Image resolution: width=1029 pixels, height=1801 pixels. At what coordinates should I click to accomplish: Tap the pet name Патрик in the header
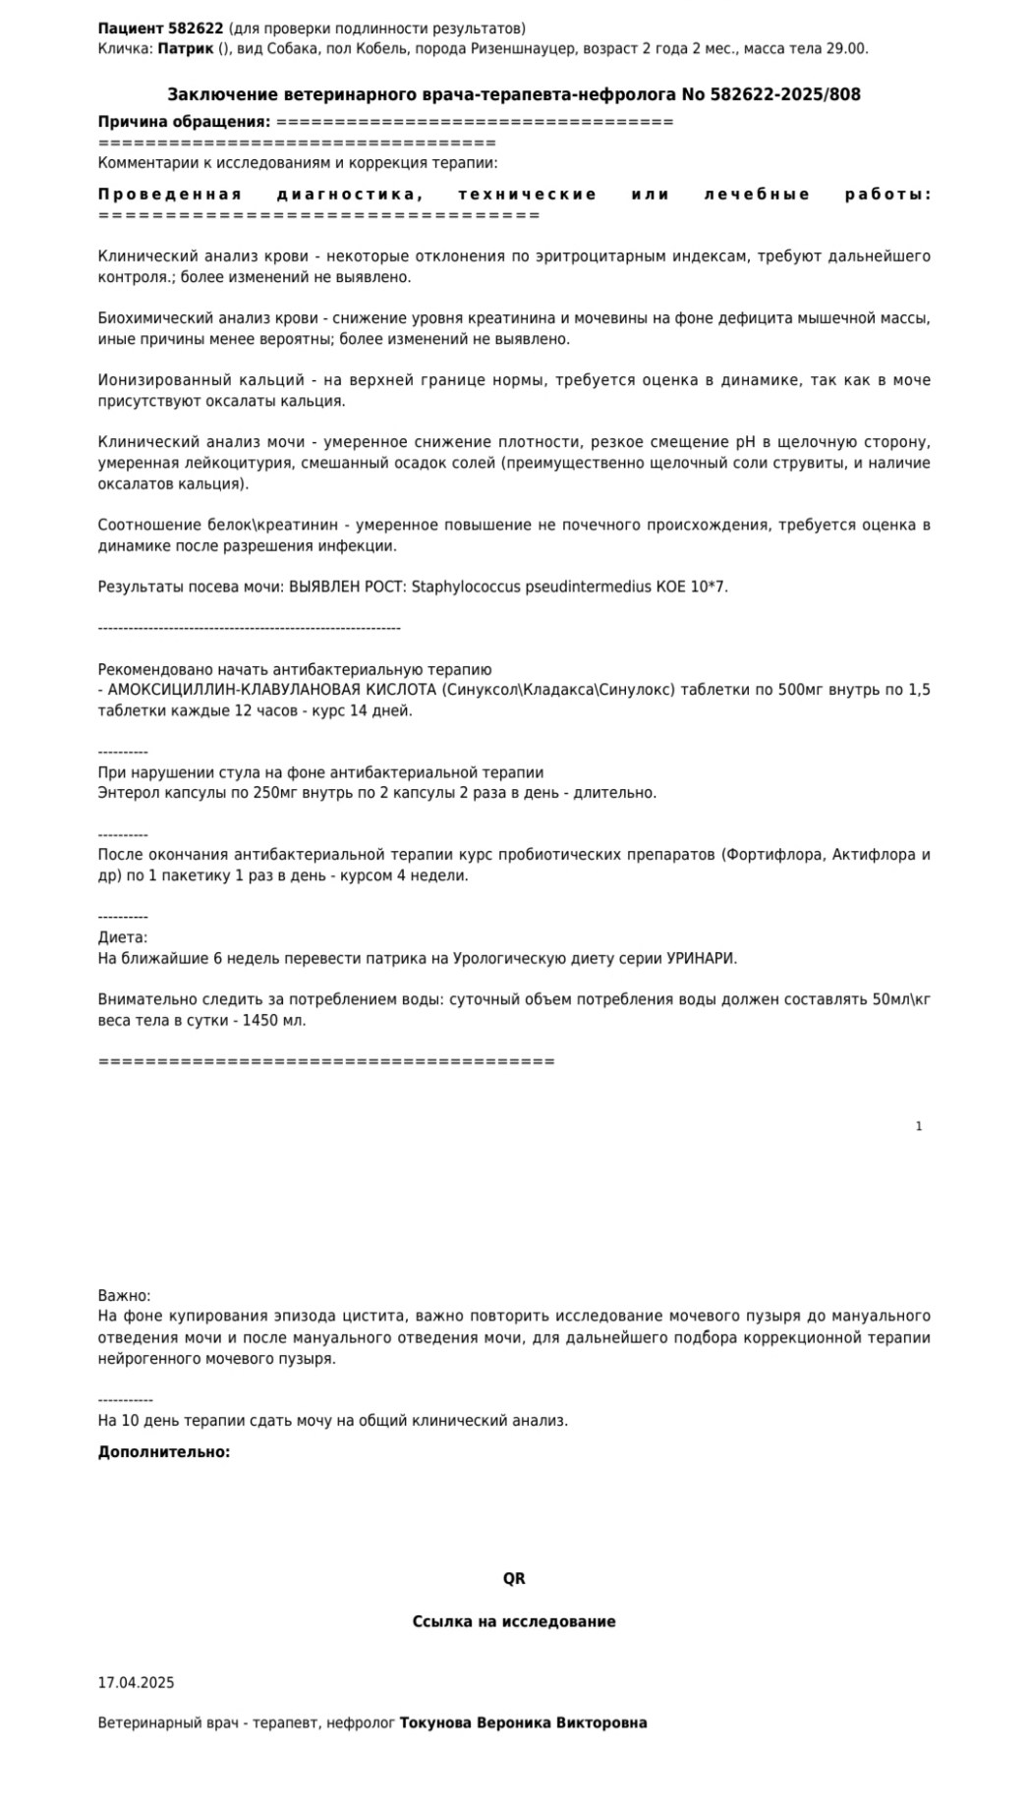click(186, 48)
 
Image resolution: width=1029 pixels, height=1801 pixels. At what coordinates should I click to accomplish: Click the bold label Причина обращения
click(184, 122)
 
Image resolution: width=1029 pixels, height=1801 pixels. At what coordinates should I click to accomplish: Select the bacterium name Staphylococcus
click(459, 587)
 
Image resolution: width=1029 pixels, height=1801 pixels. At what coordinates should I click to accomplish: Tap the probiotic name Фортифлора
click(772, 855)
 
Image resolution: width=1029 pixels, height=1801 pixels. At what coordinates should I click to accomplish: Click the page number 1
click(919, 1126)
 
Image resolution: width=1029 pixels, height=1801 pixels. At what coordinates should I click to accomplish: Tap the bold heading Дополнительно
click(163, 1452)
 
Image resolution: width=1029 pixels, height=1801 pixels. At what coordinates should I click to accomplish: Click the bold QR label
click(514, 1579)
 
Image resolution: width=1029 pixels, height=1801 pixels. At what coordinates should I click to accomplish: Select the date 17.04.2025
click(136, 1682)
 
